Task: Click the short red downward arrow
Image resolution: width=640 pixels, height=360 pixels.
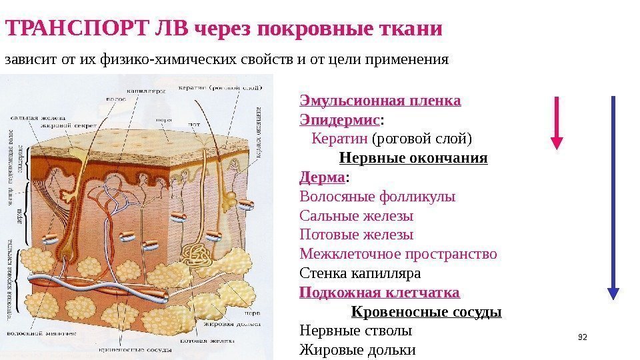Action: pos(557,121)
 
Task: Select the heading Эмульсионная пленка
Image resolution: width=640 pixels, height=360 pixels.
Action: pos(380,101)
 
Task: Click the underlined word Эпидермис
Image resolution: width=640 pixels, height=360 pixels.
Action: pos(340,120)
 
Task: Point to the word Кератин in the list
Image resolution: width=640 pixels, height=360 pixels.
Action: pos(339,139)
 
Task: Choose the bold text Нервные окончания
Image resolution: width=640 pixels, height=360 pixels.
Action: pos(413,159)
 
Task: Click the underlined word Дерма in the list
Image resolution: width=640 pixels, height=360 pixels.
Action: pos(323,178)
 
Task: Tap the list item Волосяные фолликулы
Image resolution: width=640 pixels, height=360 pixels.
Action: pos(377,197)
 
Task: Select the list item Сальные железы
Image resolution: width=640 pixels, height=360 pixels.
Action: pos(356,216)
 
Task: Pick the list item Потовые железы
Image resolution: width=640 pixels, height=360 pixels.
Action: pos(356,235)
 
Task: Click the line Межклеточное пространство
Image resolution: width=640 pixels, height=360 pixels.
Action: pos(398,254)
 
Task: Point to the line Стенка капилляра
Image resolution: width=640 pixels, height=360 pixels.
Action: pos(360,273)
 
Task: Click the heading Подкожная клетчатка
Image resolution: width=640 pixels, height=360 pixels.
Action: pos(379,293)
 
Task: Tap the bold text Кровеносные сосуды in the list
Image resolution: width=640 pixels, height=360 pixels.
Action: pos(426,312)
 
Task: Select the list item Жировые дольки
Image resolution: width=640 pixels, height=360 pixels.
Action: pos(357,349)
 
